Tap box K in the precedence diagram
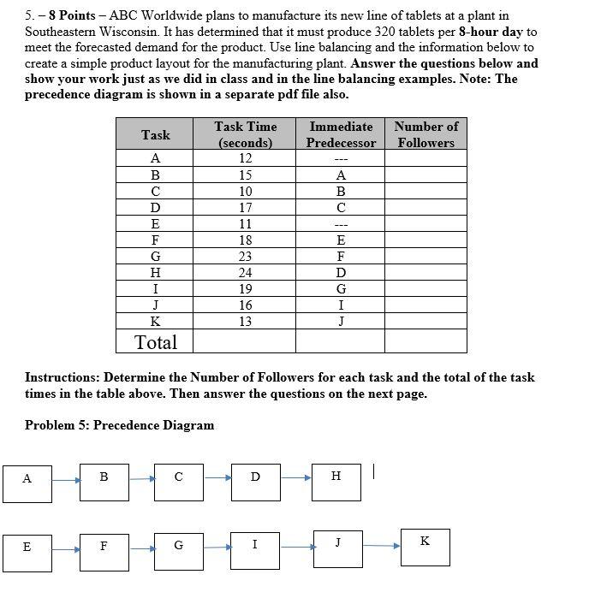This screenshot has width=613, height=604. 426,547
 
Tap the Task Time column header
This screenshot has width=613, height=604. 245,134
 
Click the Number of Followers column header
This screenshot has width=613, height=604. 426,134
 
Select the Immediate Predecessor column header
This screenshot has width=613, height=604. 341,134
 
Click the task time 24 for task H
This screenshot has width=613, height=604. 245,272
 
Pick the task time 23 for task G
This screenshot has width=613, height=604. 245,256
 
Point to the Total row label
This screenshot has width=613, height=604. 156,342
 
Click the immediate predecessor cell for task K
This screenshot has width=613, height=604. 341,322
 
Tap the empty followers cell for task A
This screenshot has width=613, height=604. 426,158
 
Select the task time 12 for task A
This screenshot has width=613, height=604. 245,158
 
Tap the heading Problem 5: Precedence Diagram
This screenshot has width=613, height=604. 119,425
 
